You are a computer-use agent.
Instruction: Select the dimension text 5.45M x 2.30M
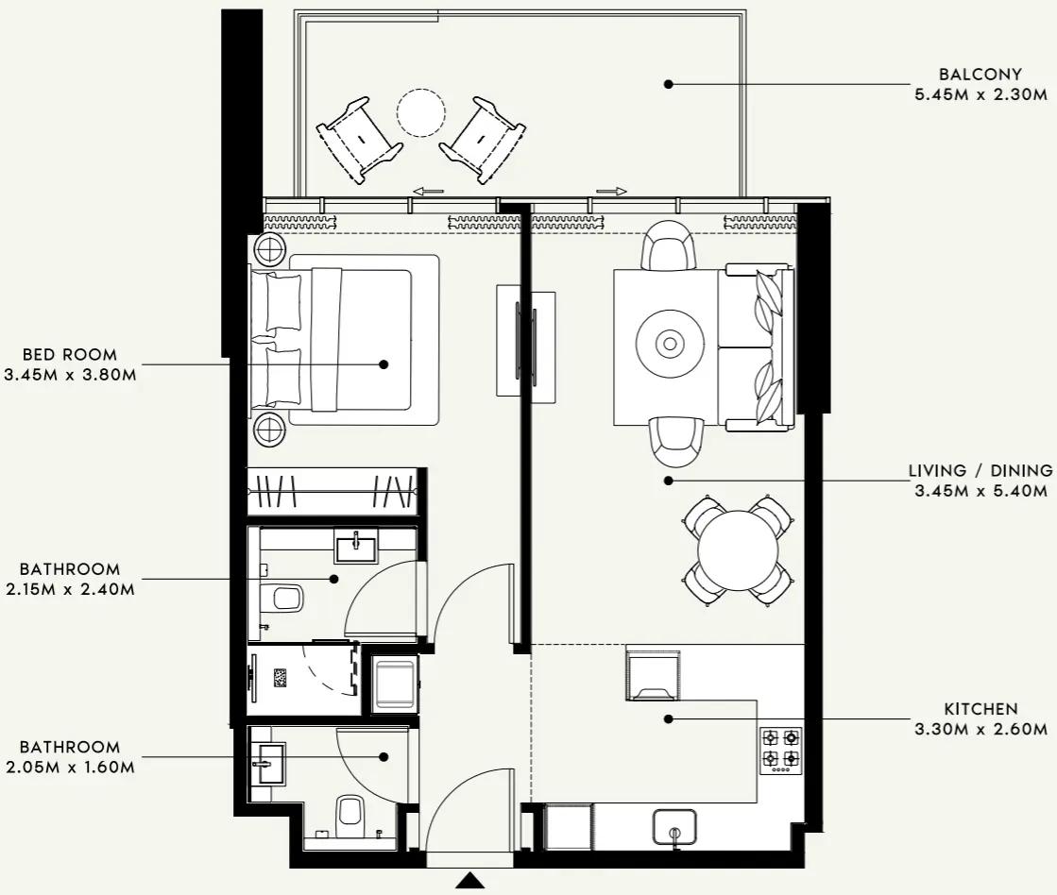click(980, 94)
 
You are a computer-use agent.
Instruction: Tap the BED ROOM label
click(70, 355)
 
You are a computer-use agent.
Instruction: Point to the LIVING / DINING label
click(980, 470)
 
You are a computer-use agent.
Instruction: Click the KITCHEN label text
click(980, 709)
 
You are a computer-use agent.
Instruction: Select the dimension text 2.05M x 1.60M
click(70, 768)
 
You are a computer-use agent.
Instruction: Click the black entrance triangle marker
click(469, 881)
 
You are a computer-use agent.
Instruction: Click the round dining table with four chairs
click(738, 550)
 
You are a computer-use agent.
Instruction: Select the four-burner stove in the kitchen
click(781, 748)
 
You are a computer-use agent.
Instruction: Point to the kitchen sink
click(674, 827)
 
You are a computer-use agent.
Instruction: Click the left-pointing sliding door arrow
click(428, 192)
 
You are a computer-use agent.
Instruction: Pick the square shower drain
click(281, 677)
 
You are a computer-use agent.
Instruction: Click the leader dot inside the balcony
click(668, 84)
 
